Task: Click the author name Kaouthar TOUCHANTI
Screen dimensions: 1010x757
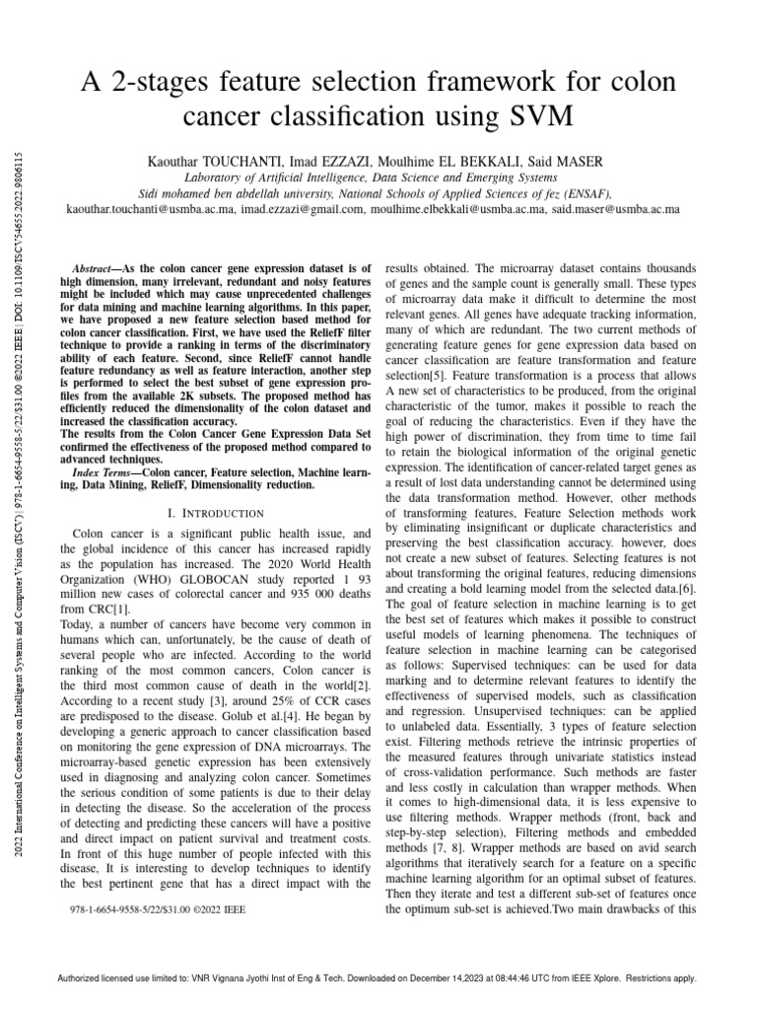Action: point(201,159)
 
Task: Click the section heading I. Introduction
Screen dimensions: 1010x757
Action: point(216,513)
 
